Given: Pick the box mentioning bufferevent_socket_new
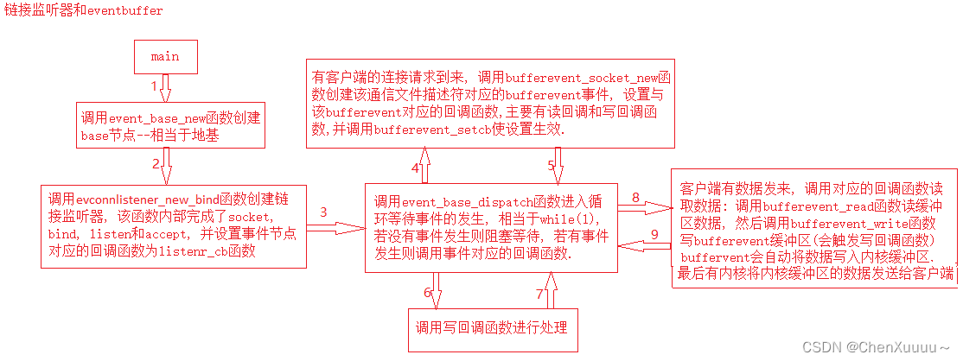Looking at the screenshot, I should [491, 104].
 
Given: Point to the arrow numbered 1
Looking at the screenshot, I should [167, 88].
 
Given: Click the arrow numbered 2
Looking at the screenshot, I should [167, 165].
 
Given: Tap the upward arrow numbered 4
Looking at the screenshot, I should [424, 164].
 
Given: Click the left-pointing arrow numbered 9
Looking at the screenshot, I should [644, 246].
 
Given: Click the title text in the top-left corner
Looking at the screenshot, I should [82, 10].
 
